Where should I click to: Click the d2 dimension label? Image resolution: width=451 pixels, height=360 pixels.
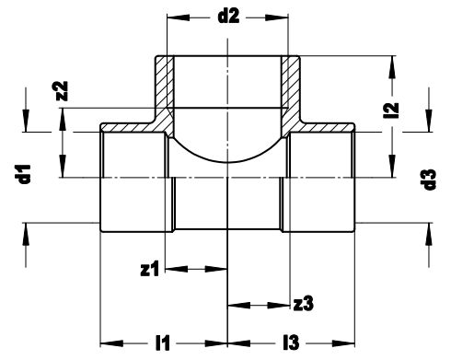point(228,17)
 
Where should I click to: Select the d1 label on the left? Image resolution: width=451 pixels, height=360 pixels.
point(25,174)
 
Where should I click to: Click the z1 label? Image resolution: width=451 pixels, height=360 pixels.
point(150,269)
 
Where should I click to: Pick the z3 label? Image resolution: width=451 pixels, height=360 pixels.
point(303,304)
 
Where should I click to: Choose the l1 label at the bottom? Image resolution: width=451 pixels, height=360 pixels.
point(163,343)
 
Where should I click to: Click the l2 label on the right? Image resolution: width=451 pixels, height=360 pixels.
point(392,110)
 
